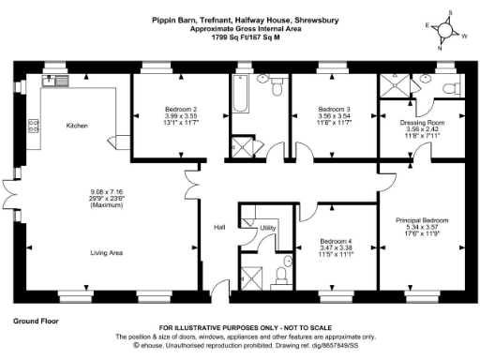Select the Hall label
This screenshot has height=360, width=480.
coord(218,226)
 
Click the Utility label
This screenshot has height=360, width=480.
coord(267,228)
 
